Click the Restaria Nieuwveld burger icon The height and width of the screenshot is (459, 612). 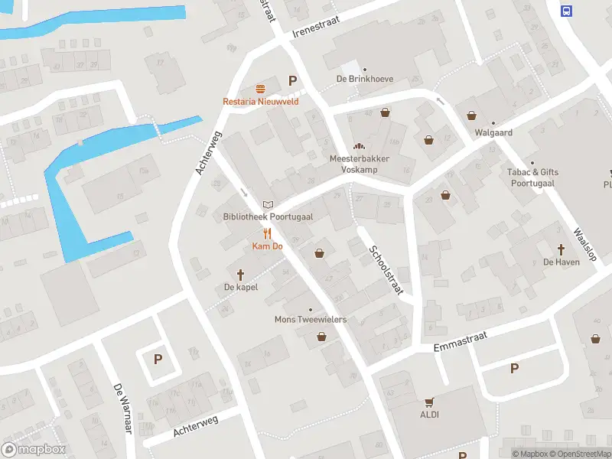pyautogui.click(x=261, y=88)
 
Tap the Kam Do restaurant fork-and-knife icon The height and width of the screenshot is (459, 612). pyautogui.click(x=267, y=234)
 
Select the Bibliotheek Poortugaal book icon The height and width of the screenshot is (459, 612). pyautogui.click(x=267, y=204)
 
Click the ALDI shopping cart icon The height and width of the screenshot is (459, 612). pyautogui.click(x=428, y=402)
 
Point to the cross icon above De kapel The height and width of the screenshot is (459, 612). pyautogui.click(x=240, y=274)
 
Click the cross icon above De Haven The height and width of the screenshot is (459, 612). pyautogui.click(x=561, y=249)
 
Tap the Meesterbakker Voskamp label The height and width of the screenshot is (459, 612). pyautogui.click(x=359, y=163)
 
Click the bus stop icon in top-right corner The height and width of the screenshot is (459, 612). pyautogui.click(x=567, y=11)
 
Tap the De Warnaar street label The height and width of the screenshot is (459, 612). pyautogui.click(x=123, y=409)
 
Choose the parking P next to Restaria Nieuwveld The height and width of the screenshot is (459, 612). pyautogui.click(x=291, y=80)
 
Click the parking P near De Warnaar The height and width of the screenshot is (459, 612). pyautogui.click(x=158, y=358)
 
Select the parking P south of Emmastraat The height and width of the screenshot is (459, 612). pyautogui.click(x=514, y=369)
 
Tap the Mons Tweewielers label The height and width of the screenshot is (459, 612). pyautogui.click(x=311, y=319)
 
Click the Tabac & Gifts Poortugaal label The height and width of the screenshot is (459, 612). pyautogui.click(x=532, y=177)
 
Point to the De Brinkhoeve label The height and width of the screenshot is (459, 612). pyautogui.click(x=364, y=79)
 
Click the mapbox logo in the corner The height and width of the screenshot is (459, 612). pyautogui.click(x=34, y=450)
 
